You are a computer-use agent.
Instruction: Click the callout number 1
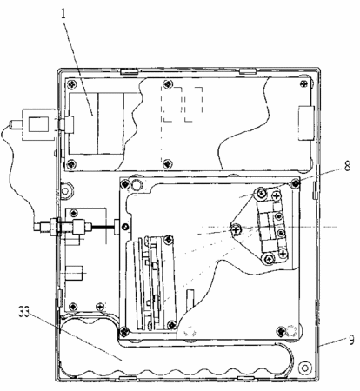(64, 15)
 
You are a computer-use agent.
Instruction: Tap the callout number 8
(347, 166)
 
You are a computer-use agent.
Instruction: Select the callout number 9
(351, 340)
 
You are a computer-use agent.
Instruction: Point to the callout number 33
(24, 312)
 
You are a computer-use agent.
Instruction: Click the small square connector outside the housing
(38, 124)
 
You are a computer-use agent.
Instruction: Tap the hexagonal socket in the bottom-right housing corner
(305, 368)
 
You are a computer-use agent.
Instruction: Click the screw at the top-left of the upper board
(72, 84)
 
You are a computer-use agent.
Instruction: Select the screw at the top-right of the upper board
(304, 83)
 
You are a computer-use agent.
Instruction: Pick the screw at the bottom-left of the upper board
(71, 164)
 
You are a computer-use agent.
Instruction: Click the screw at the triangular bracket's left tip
(237, 229)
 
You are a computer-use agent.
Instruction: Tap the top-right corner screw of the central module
(296, 183)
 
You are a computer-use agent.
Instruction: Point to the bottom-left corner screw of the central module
(125, 331)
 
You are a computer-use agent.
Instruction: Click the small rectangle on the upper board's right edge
(306, 123)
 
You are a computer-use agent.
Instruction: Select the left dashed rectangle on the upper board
(171, 104)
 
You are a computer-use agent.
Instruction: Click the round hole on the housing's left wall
(65, 191)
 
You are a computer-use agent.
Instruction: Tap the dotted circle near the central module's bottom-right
(291, 330)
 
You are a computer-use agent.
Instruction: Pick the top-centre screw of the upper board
(168, 84)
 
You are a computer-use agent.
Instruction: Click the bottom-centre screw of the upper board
(168, 163)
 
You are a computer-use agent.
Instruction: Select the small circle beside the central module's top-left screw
(136, 183)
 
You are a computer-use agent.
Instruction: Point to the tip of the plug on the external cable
(11, 124)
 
